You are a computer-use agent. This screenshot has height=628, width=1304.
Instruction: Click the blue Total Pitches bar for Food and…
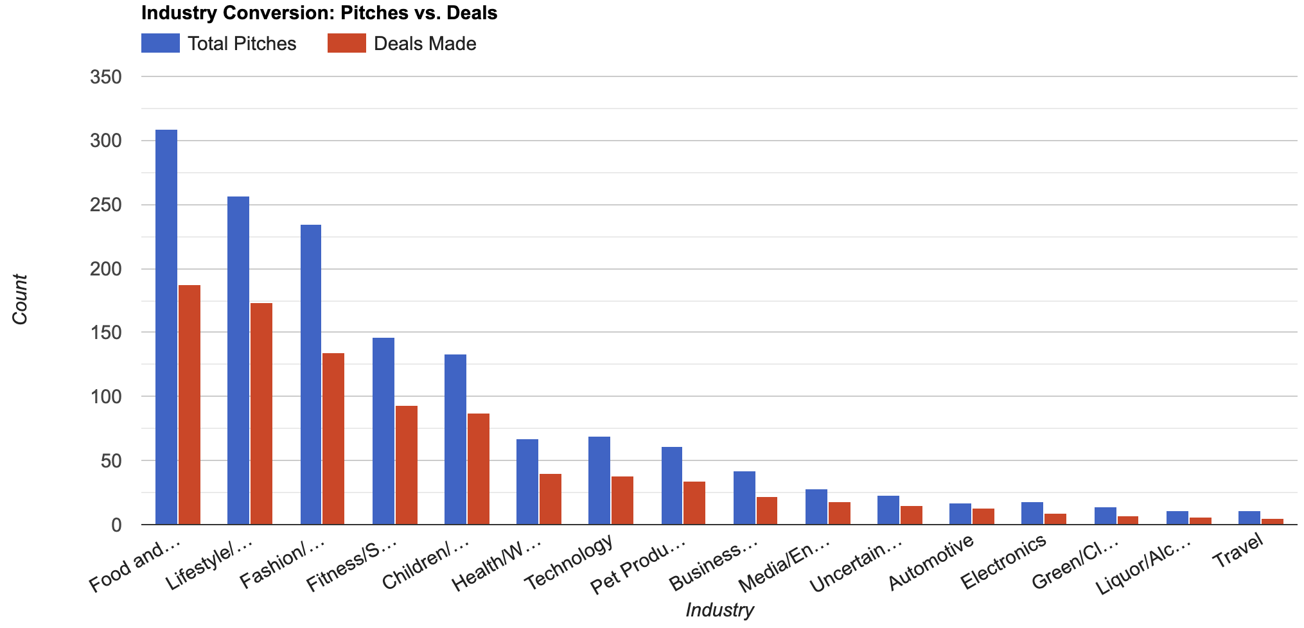[166, 327]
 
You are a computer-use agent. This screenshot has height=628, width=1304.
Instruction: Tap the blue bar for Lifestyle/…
[238, 360]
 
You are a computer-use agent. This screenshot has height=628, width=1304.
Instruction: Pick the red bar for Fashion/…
[333, 439]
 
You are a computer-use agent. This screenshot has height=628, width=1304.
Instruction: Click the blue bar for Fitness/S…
[383, 431]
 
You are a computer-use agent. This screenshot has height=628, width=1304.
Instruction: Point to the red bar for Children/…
[478, 469]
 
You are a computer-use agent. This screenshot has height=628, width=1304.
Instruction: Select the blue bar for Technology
[599, 480]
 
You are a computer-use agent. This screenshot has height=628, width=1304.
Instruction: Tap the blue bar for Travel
[1249, 518]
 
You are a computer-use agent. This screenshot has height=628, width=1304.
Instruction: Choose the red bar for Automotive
[983, 516]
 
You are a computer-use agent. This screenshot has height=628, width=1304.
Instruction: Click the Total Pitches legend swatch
[160, 44]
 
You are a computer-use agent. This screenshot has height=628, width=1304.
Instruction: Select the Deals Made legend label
[425, 44]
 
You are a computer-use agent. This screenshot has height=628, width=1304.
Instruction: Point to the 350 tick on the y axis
[107, 77]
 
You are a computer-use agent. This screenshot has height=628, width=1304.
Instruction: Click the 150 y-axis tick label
[107, 333]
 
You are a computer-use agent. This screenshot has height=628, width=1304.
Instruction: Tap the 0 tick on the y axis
[116, 525]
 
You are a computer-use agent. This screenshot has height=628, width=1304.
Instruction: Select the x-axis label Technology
[569, 563]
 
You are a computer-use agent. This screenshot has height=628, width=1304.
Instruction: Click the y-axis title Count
[21, 299]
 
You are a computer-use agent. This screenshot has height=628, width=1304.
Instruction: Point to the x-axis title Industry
[719, 610]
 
